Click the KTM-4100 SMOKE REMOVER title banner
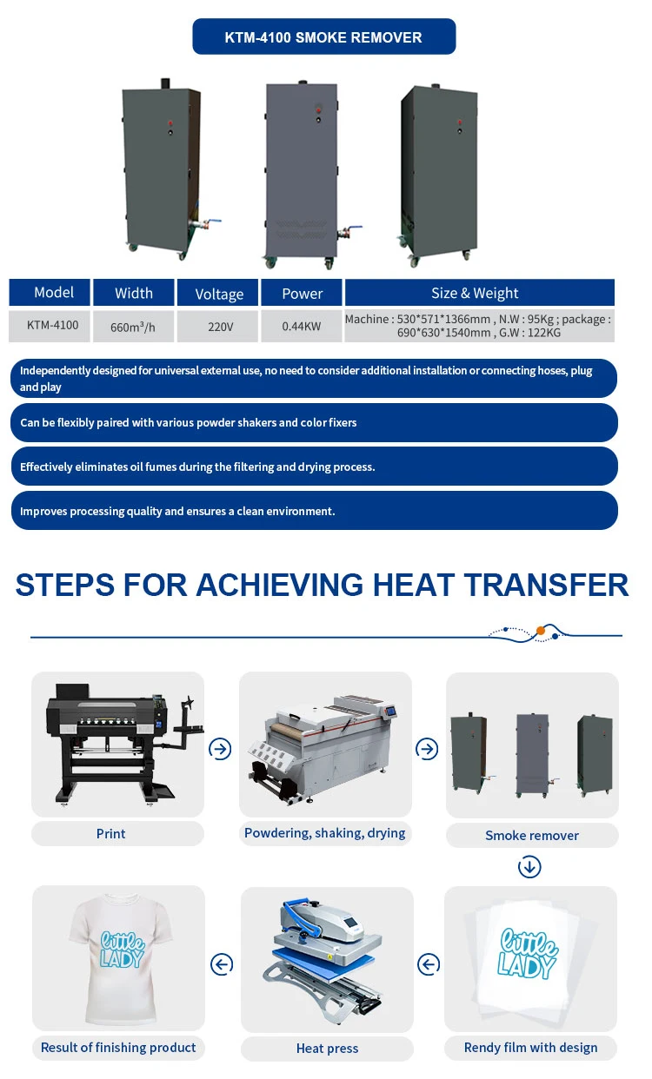pos(323,37)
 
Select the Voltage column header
pos(219,294)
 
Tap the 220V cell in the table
pos(219,327)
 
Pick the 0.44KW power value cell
pos(302,327)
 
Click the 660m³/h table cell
pos(133,327)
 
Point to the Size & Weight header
pos(479,293)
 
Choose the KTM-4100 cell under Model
pos(52,326)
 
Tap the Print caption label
pos(111,833)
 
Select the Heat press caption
pos(327,1049)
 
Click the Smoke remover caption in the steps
pos(532,835)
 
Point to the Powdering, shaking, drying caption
pos(325,832)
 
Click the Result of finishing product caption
pos(118,1047)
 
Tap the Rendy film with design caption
pos(531,1047)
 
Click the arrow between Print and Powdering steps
pos(221,749)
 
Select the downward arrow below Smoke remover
pos(529,866)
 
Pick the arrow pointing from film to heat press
pos(429,963)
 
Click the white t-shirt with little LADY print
pos(118,956)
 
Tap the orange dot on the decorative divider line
pos(541,630)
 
